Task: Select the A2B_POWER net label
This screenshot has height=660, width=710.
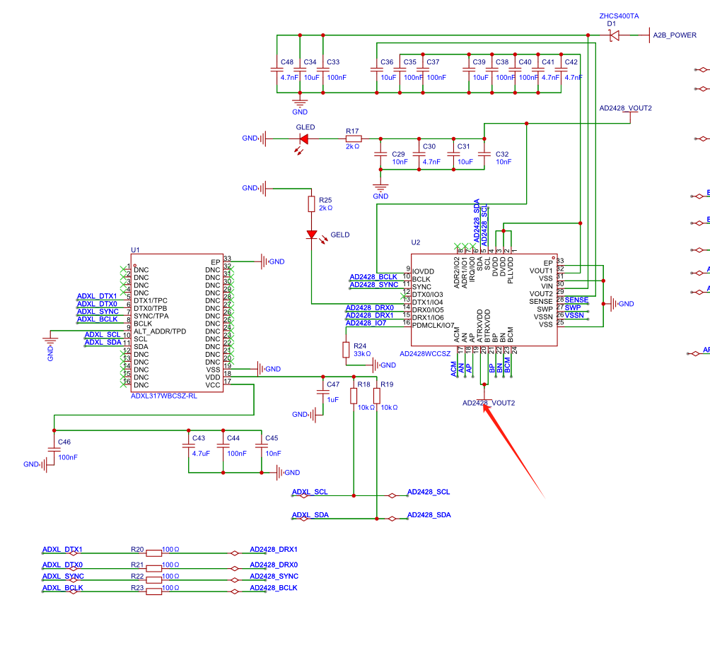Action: click(674, 35)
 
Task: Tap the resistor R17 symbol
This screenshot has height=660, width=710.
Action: click(352, 139)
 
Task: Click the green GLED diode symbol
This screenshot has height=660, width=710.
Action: click(304, 139)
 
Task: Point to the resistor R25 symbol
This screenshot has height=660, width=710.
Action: click(311, 204)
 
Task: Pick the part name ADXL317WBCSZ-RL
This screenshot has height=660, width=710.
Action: click(163, 396)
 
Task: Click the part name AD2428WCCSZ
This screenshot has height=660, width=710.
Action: click(425, 353)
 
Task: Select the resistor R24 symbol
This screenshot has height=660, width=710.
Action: click(346, 350)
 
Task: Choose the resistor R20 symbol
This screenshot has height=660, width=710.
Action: click(153, 553)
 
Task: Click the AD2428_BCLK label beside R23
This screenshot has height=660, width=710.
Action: click(274, 588)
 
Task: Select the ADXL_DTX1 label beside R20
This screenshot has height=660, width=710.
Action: click(62, 549)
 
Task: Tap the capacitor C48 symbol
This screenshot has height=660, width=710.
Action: click(277, 69)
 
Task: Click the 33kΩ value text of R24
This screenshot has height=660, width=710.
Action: click(362, 353)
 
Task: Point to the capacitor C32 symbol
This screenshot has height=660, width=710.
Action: click(484, 153)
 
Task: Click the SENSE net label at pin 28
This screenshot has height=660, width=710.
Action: click(576, 300)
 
